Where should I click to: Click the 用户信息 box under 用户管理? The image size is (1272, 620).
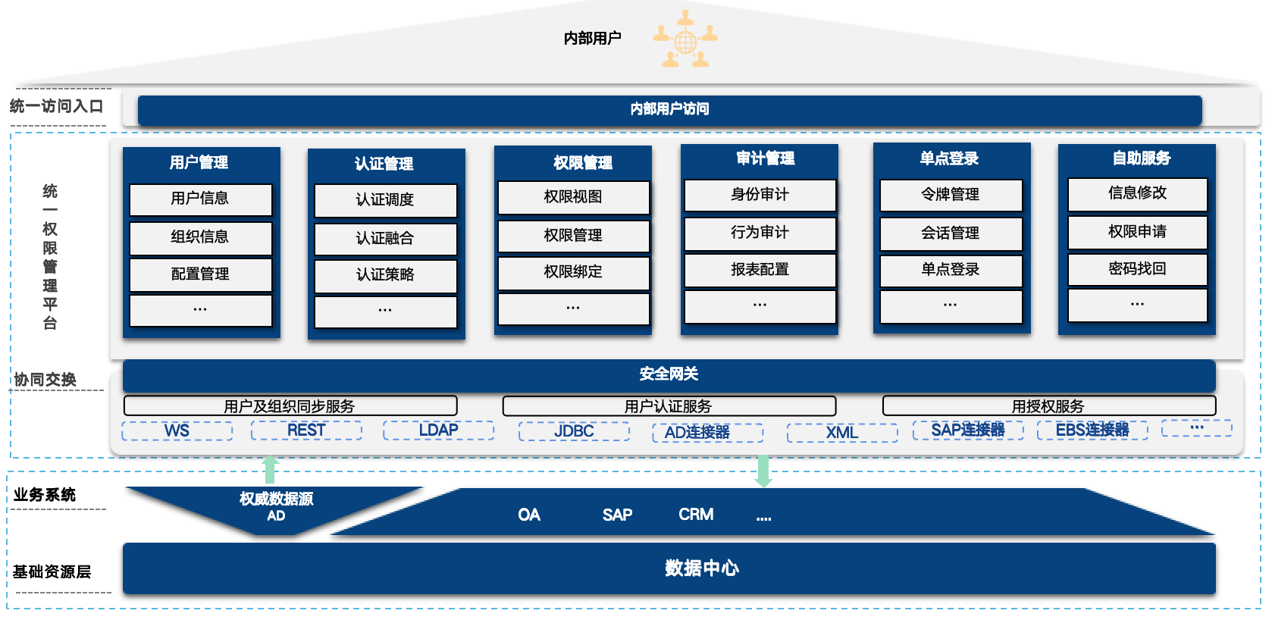[200, 199]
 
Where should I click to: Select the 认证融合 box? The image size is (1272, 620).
[385, 239]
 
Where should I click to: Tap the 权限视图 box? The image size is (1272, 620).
[573, 197]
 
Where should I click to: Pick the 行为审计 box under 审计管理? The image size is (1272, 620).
[760, 233]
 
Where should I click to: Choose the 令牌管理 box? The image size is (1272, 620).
[951, 195]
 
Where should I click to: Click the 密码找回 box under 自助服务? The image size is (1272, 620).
[1137, 269]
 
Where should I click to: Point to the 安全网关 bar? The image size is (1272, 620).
[669, 374]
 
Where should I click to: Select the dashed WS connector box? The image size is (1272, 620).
[177, 431]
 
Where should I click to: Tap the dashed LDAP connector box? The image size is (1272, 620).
[438, 431]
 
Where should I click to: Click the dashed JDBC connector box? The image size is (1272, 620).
[574, 431]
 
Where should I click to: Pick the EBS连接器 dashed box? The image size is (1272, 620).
[1092, 431]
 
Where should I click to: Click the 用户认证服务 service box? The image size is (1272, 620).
[669, 406]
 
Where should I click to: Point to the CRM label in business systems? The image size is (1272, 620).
[696, 515]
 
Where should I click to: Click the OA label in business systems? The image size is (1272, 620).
[529, 515]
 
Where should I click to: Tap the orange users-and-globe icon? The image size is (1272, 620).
[685, 40]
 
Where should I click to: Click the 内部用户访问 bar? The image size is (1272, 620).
[669, 110]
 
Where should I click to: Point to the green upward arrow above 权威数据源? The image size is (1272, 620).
[270, 469]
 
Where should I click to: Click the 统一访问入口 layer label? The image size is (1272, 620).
[56, 107]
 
